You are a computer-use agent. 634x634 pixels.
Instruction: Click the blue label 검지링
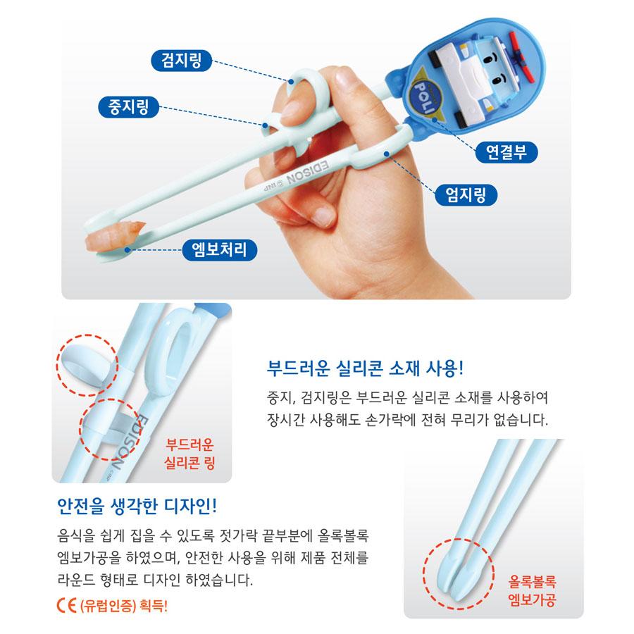tap(181, 61)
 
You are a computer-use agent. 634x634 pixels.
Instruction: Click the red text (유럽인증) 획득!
tap(124, 604)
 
